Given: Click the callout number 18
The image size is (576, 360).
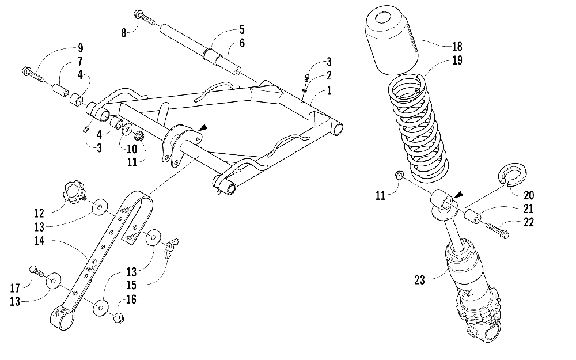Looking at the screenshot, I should click(458, 47).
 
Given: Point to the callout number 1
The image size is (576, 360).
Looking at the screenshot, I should click(329, 90).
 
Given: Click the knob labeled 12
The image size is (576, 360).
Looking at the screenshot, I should click(73, 190).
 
